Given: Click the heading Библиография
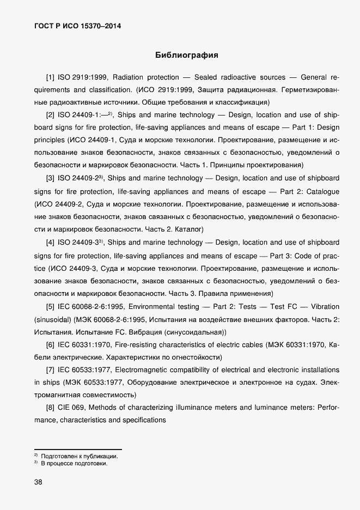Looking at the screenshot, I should [187, 55].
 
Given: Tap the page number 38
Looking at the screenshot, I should [38, 482].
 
